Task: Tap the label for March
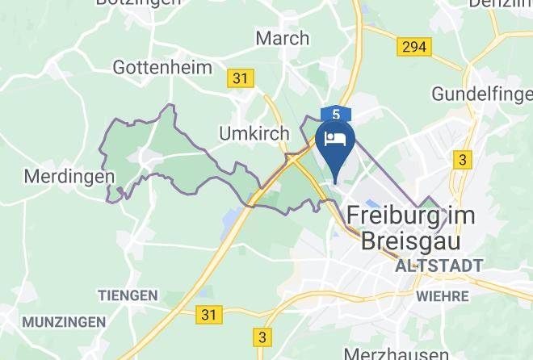click(282, 38)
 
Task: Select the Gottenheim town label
click(162, 66)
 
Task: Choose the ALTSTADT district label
click(439, 265)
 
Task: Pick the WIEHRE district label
click(443, 296)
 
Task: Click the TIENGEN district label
click(128, 295)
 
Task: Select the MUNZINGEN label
click(64, 322)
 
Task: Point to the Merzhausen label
click(396, 354)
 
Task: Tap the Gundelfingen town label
click(481, 94)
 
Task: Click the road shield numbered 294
click(413, 47)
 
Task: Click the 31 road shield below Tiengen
click(209, 312)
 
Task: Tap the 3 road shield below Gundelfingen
click(462, 160)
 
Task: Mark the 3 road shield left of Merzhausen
click(262, 337)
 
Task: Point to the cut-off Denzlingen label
click(505, 4)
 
